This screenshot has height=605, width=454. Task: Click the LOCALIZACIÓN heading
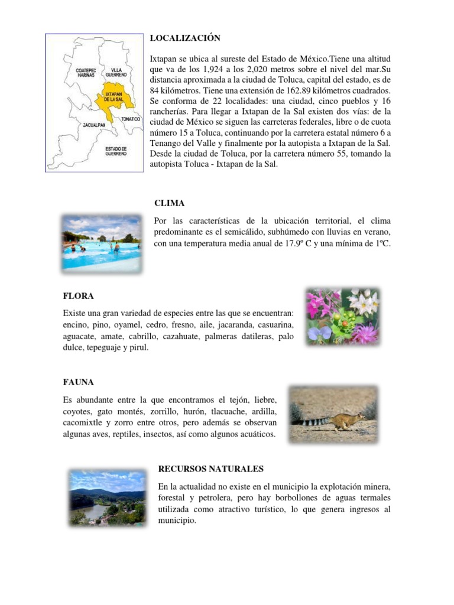pos(184,38)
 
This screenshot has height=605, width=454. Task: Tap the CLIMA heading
pos(169,203)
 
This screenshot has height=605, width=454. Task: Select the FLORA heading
pos(78,295)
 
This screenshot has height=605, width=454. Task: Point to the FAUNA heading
pos(79,382)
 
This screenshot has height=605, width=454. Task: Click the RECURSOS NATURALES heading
pos(211,469)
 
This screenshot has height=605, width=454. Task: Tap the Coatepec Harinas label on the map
pos(86,72)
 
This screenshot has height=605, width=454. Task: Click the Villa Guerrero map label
pos(116,72)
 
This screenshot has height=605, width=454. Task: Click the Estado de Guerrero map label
pos(116,151)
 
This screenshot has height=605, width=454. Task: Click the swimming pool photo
pos(101,243)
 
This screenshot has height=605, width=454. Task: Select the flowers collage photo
pos(342,317)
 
